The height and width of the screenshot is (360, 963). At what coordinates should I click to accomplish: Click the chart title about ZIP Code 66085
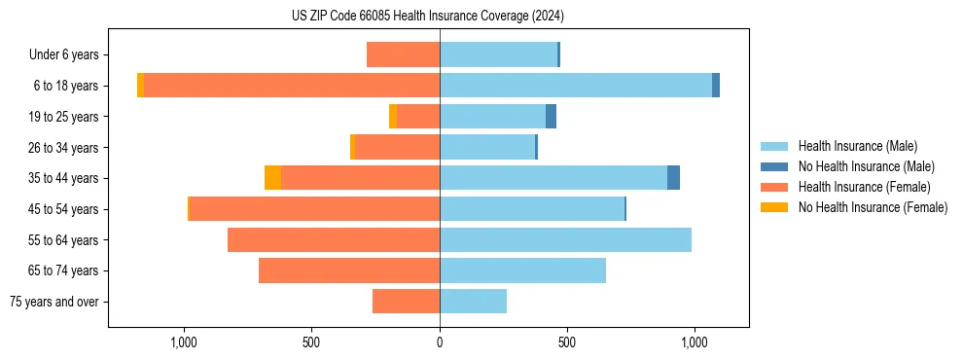[427, 17]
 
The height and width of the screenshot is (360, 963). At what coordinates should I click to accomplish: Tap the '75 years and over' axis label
[54, 302]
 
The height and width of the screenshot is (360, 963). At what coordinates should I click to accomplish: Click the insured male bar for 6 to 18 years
[576, 86]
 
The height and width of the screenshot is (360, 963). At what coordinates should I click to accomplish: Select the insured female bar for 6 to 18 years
[292, 86]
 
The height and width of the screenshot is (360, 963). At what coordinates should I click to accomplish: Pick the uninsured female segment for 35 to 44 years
[272, 178]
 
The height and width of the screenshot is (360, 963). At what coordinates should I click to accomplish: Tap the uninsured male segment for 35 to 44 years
[673, 178]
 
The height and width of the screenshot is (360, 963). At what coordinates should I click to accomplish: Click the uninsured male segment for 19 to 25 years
[551, 117]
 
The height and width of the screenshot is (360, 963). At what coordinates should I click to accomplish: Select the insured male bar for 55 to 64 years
[565, 240]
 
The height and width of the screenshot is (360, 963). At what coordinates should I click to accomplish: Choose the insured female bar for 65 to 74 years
[349, 270]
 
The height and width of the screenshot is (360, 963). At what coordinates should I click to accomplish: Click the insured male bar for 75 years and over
[473, 302]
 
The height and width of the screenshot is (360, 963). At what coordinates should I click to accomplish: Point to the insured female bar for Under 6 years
[403, 54]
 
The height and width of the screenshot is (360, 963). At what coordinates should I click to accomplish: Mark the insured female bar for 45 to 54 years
[314, 209]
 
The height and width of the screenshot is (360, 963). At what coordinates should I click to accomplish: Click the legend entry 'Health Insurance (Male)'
[857, 146]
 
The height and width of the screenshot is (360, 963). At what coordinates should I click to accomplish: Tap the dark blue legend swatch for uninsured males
[774, 166]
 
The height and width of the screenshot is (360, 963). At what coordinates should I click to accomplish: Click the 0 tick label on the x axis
[440, 342]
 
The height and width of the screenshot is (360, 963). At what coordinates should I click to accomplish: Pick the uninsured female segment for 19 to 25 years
[393, 117]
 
